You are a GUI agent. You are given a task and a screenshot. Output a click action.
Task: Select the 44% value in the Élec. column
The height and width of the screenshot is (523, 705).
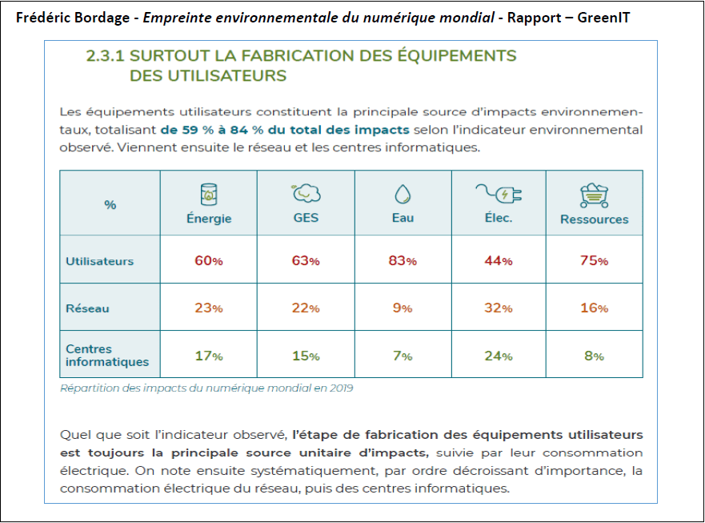(499, 261)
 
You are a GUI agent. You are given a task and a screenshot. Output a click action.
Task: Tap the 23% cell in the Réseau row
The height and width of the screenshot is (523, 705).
(208, 308)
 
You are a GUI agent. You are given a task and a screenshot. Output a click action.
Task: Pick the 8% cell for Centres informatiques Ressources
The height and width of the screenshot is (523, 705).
(594, 356)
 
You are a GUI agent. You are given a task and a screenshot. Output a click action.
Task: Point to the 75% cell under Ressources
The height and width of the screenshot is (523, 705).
(594, 261)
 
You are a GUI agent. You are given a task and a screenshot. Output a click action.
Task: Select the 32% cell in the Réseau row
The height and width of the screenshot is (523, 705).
(499, 308)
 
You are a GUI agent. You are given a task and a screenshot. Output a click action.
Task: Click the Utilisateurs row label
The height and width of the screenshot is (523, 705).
(99, 261)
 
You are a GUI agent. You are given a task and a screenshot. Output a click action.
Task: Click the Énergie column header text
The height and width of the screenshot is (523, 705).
(209, 219)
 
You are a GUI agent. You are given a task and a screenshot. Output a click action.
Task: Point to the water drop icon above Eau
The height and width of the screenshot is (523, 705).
(402, 195)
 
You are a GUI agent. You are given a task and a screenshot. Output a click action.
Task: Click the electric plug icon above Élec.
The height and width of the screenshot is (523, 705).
(499, 193)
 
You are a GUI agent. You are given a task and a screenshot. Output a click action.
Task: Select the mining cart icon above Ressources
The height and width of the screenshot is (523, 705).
(595, 195)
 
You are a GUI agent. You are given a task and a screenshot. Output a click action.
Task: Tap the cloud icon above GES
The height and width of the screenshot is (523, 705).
(306, 193)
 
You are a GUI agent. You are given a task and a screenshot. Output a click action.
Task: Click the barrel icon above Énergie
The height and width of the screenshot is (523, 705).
(209, 193)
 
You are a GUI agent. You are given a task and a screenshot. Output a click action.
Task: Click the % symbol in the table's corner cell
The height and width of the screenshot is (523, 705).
(110, 205)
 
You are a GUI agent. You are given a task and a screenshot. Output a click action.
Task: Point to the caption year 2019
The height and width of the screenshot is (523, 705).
(341, 388)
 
